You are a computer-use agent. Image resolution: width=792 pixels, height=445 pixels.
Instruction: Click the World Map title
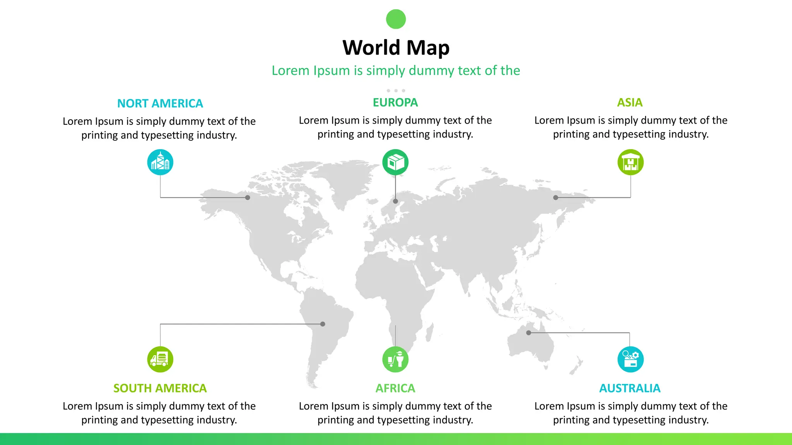click(396, 48)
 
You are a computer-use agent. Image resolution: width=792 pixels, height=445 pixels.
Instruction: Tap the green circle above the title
click(396, 19)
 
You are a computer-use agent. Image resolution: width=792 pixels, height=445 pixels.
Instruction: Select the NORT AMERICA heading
click(160, 104)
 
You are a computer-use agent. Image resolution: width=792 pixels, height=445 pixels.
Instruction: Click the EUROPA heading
click(395, 102)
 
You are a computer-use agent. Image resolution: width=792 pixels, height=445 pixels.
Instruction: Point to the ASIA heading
click(630, 102)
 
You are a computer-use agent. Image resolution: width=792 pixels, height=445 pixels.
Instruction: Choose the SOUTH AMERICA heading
click(160, 388)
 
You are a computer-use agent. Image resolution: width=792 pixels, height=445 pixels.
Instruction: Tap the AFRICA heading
click(395, 388)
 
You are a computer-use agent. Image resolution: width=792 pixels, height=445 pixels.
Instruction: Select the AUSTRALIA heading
click(630, 388)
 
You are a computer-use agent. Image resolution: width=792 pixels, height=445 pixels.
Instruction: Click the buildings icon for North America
click(160, 162)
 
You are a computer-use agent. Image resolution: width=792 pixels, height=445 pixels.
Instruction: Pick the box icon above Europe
click(395, 162)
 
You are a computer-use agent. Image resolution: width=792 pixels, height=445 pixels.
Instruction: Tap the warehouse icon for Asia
click(630, 162)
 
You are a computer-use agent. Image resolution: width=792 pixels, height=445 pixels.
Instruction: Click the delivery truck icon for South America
click(160, 359)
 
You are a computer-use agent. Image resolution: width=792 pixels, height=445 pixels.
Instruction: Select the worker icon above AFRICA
click(395, 359)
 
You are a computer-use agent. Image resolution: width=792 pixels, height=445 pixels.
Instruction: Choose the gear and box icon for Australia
click(630, 359)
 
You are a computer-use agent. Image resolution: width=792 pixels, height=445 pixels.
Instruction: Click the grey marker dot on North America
click(247, 197)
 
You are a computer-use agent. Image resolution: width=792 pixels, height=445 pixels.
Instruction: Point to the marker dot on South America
click(323, 324)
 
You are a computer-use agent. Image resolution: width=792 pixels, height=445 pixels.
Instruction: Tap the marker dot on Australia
click(529, 333)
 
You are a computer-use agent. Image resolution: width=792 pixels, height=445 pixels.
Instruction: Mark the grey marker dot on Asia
click(556, 197)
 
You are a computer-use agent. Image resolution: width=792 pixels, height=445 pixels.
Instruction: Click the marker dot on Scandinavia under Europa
click(395, 201)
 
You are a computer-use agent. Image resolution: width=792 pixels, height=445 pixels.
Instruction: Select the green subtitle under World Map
click(396, 71)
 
